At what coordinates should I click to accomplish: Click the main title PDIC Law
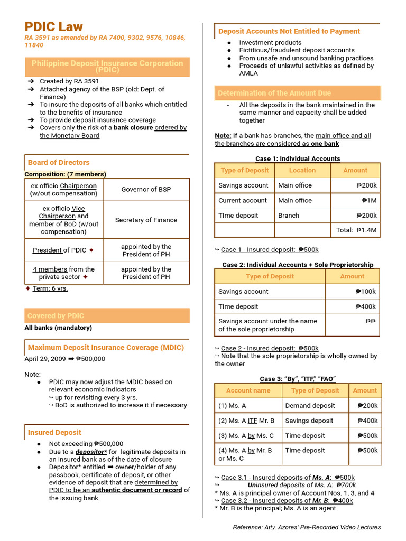tap(53, 27)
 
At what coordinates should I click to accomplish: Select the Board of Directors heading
tap(59, 162)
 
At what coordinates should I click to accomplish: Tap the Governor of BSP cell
tap(146, 189)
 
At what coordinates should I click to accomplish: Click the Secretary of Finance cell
tap(146, 220)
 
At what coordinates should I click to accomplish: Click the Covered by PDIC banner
tap(56, 316)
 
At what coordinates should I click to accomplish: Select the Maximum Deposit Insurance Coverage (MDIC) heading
tap(106, 348)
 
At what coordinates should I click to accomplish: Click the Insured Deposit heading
tap(54, 432)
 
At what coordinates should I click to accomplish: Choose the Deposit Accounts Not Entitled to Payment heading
tap(289, 31)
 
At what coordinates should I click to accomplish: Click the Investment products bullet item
tap(270, 43)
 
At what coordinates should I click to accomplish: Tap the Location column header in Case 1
tap(302, 170)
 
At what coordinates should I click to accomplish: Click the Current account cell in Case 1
tap(243, 200)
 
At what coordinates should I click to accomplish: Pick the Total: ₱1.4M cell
tap(356, 230)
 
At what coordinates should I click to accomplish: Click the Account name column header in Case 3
tap(248, 390)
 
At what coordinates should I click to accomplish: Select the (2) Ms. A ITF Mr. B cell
tap(246, 421)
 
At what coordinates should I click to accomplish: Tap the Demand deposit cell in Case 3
tap(310, 406)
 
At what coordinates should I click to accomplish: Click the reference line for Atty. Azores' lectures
tap(307, 527)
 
